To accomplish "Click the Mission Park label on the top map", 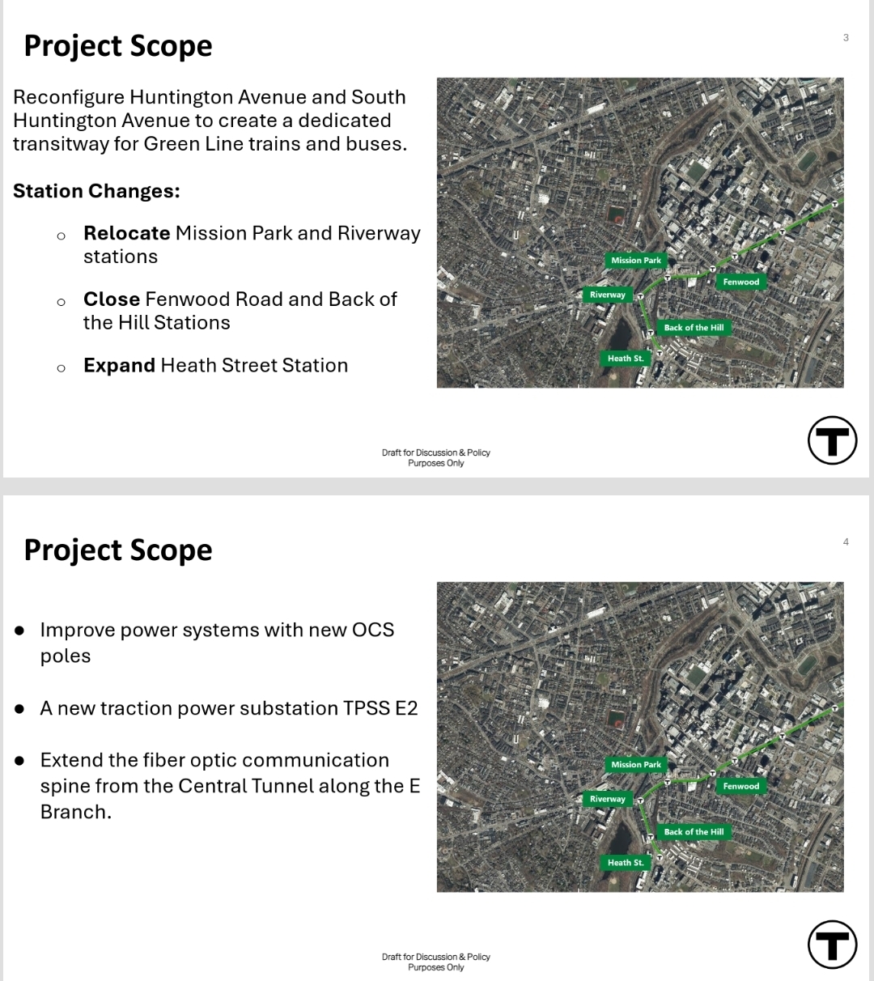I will tap(636, 261).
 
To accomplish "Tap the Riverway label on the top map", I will tap(608, 295).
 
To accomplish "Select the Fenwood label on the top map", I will tap(740, 282).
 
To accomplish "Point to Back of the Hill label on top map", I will tap(694, 328).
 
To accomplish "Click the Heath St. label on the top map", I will tap(626, 359).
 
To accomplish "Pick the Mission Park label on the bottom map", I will tap(636, 765).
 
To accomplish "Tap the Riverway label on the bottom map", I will tap(608, 799).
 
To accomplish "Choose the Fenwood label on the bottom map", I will tap(740, 786).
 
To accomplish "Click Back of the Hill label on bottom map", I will tap(694, 832).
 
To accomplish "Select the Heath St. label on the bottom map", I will tap(626, 863).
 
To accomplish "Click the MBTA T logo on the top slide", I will tap(832, 440).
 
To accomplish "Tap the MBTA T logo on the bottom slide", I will tap(832, 944).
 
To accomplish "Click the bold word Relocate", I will tap(126, 233).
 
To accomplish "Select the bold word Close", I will tap(112, 299).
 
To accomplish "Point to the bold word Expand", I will tap(119, 366).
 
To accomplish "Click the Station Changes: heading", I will tap(96, 191).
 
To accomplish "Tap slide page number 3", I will tap(846, 38).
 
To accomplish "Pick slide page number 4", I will tap(846, 542).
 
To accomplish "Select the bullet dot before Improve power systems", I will tap(20, 631).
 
